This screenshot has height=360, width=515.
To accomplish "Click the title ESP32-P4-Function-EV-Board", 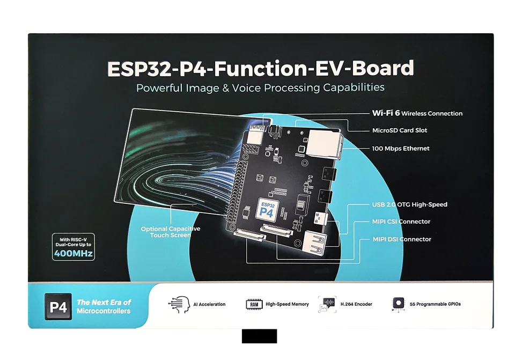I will (x=261, y=69).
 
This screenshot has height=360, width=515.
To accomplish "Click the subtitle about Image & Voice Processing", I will (x=260, y=87).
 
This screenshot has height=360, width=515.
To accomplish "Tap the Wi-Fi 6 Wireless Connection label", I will (x=417, y=113).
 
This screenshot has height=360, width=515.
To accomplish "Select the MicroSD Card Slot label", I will (x=400, y=130).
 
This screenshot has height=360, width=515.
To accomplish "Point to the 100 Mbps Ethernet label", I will (x=401, y=149).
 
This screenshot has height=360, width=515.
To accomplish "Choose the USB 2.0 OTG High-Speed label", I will (x=409, y=204).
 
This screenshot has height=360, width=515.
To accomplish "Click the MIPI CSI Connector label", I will (x=401, y=222).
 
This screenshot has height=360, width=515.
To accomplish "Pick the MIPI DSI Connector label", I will (x=402, y=239).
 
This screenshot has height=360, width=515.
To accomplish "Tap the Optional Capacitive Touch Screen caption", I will (x=171, y=232).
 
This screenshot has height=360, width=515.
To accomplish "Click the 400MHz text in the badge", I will (x=73, y=253).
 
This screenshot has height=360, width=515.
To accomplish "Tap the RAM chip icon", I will (x=253, y=304).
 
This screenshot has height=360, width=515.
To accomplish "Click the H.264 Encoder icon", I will (x=327, y=304).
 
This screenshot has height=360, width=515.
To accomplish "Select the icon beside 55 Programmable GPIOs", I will (x=398, y=304).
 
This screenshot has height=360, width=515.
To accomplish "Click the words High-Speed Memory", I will (x=287, y=304).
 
